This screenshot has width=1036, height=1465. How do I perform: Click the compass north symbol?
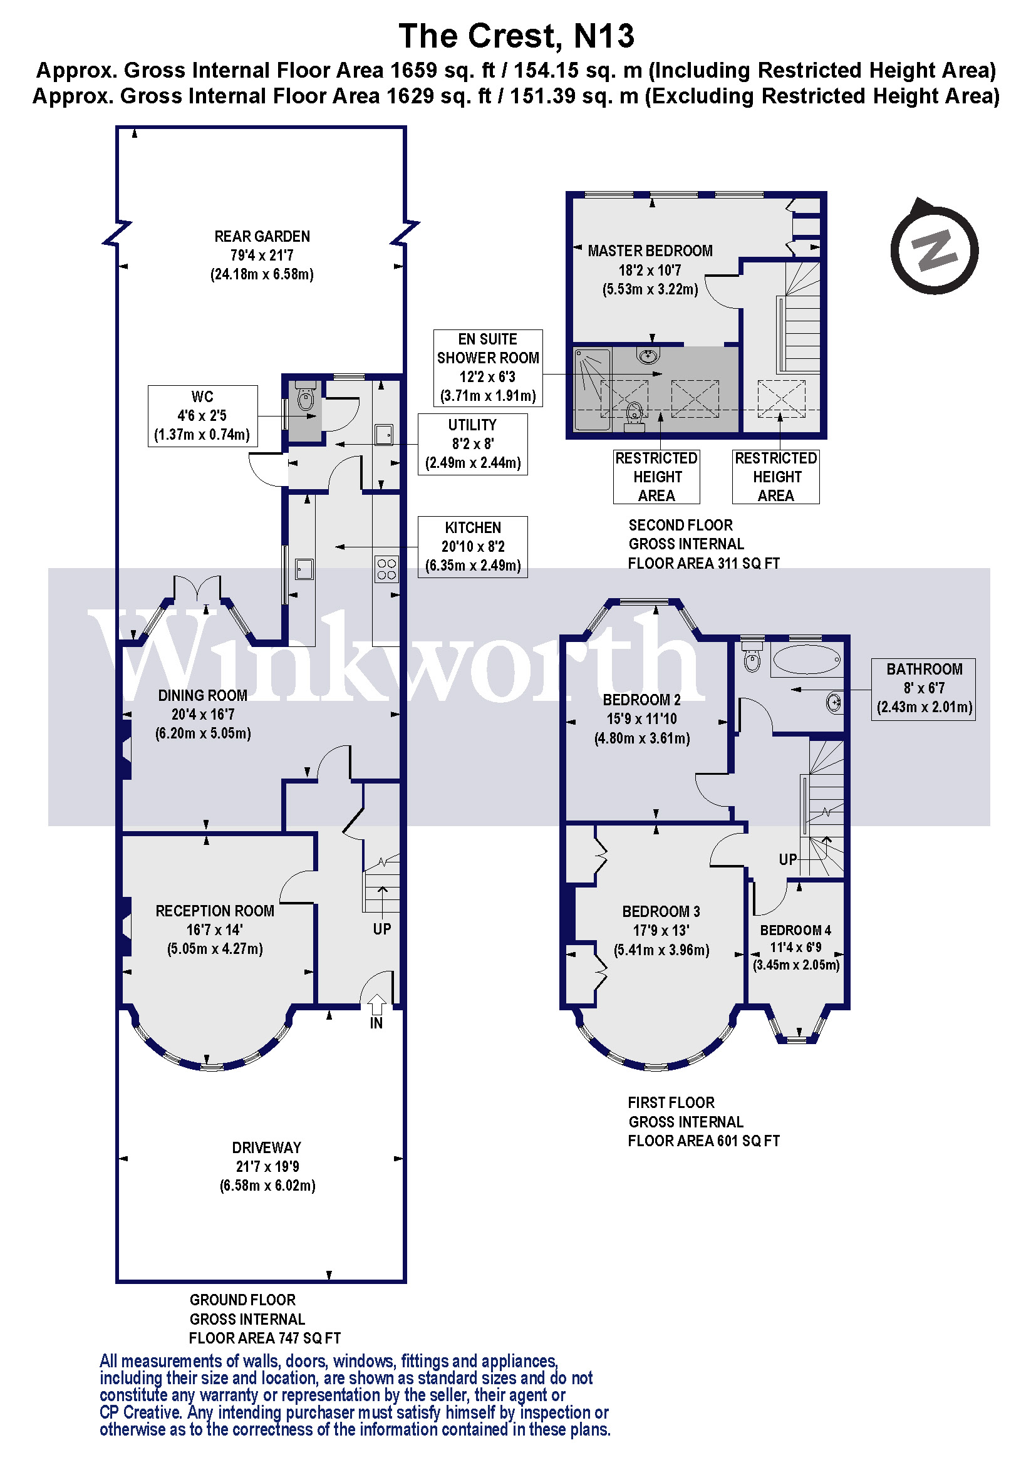coord(934,247)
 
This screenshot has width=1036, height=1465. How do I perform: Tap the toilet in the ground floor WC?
coord(306,397)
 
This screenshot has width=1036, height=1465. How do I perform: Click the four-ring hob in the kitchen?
coord(386,569)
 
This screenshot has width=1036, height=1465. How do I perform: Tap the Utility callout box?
coord(473,444)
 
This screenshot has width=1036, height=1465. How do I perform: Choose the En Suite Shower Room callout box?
coord(488,368)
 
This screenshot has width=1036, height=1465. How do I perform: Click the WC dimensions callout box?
coord(203,416)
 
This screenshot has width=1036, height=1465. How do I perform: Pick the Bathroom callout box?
coord(924,689)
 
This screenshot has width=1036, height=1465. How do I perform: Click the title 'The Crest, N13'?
coord(517,36)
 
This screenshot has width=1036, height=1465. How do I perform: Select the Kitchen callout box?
coord(473,547)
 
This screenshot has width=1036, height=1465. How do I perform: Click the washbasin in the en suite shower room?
coord(648,355)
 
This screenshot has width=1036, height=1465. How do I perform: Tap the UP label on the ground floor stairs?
coord(382,929)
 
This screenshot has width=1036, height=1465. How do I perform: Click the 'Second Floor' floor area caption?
coord(703,544)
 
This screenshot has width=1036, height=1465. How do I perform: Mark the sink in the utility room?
coord(384,435)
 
